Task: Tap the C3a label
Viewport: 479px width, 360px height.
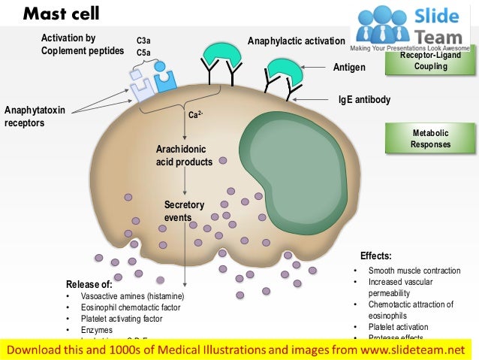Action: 143,40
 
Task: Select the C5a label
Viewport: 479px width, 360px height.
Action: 143,53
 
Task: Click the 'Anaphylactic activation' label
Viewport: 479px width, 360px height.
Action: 297,41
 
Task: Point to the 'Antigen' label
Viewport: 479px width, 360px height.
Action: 349,68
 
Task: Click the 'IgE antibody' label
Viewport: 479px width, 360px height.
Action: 365,99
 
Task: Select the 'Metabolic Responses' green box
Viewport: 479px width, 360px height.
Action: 431,138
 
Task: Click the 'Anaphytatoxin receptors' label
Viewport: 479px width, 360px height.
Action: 35,116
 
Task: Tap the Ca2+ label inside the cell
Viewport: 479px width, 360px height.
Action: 196,116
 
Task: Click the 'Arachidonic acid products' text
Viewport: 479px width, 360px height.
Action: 184,156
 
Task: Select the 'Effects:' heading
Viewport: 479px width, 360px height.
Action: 375,256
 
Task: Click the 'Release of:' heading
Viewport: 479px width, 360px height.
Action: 89,284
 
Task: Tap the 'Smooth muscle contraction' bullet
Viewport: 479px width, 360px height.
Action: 414,271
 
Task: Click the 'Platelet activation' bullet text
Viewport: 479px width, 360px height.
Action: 398,327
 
